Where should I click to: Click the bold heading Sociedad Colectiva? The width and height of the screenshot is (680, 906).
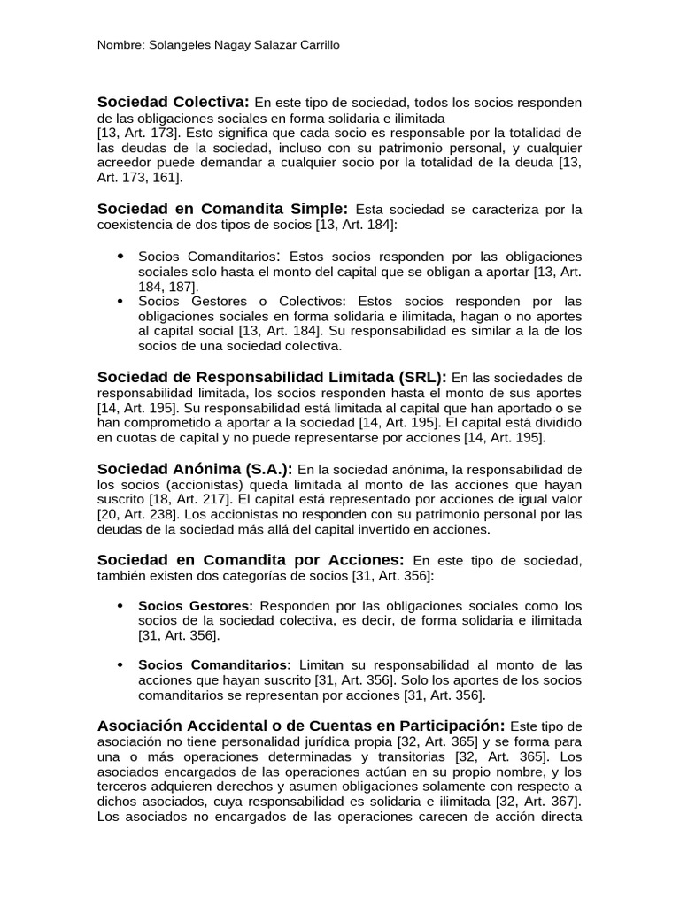(174, 102)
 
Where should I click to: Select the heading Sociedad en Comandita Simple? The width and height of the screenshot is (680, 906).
(223, 209)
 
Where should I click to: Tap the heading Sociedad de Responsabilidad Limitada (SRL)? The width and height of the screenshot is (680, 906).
(272, 377)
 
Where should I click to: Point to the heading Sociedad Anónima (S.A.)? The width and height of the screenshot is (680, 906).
(195, 468)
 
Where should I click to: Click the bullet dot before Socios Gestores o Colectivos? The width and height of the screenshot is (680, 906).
(120, 302)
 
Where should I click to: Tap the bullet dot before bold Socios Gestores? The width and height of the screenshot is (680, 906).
(120, 606)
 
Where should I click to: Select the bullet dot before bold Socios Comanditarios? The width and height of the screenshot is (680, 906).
(120, 664)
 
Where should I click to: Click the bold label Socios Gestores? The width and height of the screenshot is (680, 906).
(196, 606)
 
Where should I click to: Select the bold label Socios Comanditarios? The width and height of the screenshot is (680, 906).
(214, 664)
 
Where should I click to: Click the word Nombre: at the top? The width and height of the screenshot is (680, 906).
(120, 45)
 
